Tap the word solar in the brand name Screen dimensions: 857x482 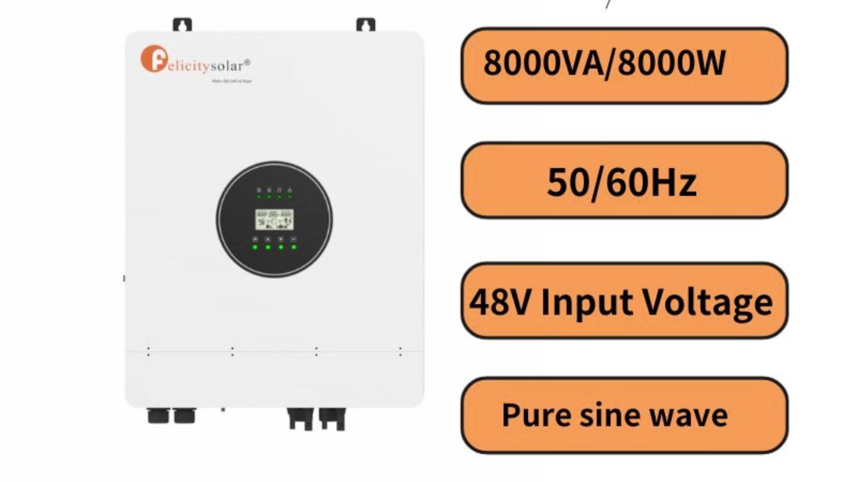(227, 66)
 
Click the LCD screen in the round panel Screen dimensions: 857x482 (274, 220)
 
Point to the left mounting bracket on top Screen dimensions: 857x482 (182, 25)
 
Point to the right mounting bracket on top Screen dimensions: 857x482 (366, 25)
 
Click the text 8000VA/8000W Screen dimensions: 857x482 (604, 63)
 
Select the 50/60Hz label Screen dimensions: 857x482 (622, 182)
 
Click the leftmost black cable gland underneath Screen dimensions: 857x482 (158, 416)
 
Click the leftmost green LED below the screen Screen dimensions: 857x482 (255, 247)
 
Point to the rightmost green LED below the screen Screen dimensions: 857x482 (294, 247)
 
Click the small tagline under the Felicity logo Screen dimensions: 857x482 (232, 81)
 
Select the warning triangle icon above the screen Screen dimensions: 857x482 (290, 191)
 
